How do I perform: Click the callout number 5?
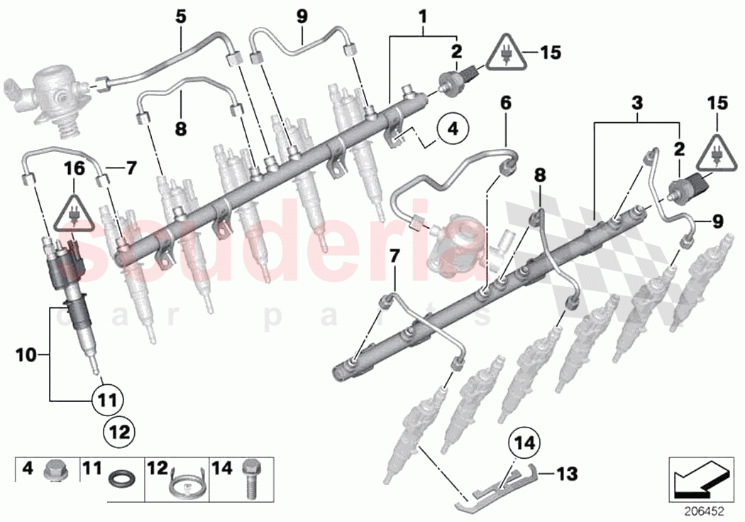coord(182,16)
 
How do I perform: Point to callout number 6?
coord(505,104)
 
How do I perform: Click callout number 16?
coord(74,168)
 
